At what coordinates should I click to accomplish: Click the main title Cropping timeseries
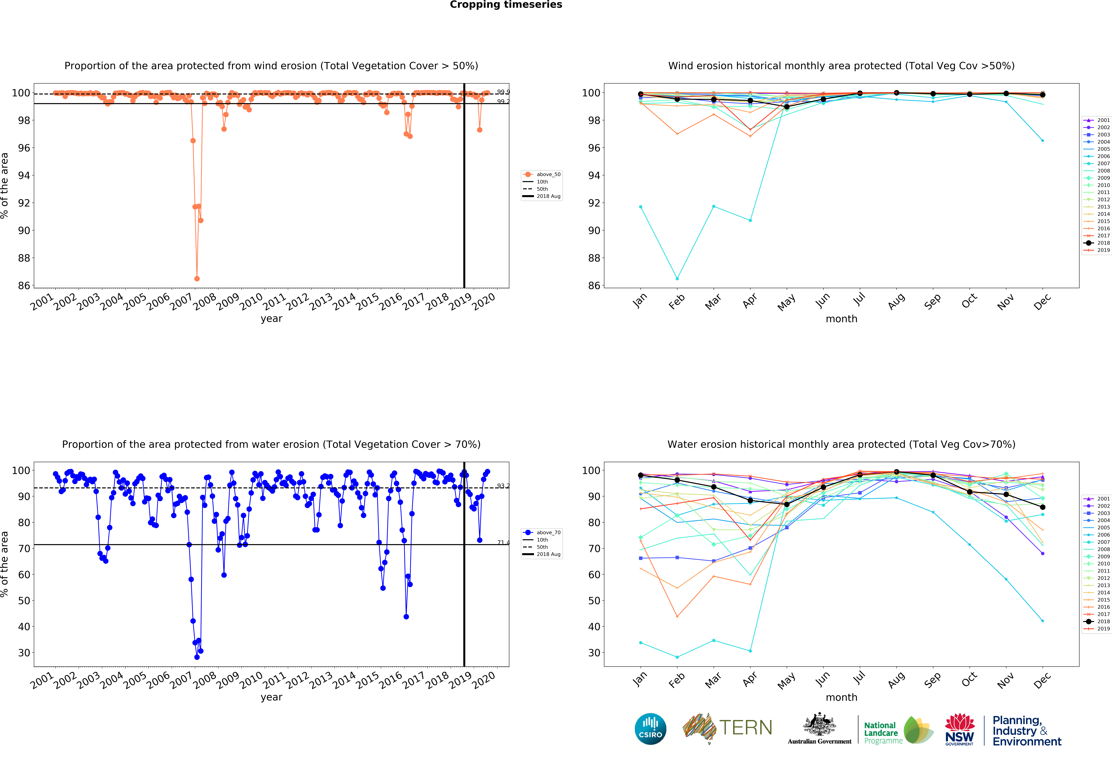coord(506,5)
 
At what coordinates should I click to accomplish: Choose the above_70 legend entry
coord(542,533)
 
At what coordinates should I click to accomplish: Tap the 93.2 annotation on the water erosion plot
coord(503,486)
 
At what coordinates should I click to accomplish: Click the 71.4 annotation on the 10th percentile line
coord(503,542)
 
